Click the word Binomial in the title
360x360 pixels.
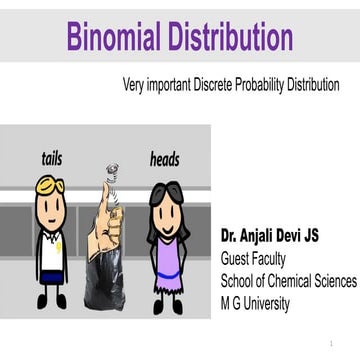click(117, 37)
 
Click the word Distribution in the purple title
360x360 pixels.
click(231, 37)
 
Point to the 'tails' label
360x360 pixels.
click(52, 158)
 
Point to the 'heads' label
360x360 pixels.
click(165, 159)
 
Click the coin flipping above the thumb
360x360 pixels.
click(112, 171)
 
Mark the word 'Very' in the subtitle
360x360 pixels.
click(134, 86)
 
